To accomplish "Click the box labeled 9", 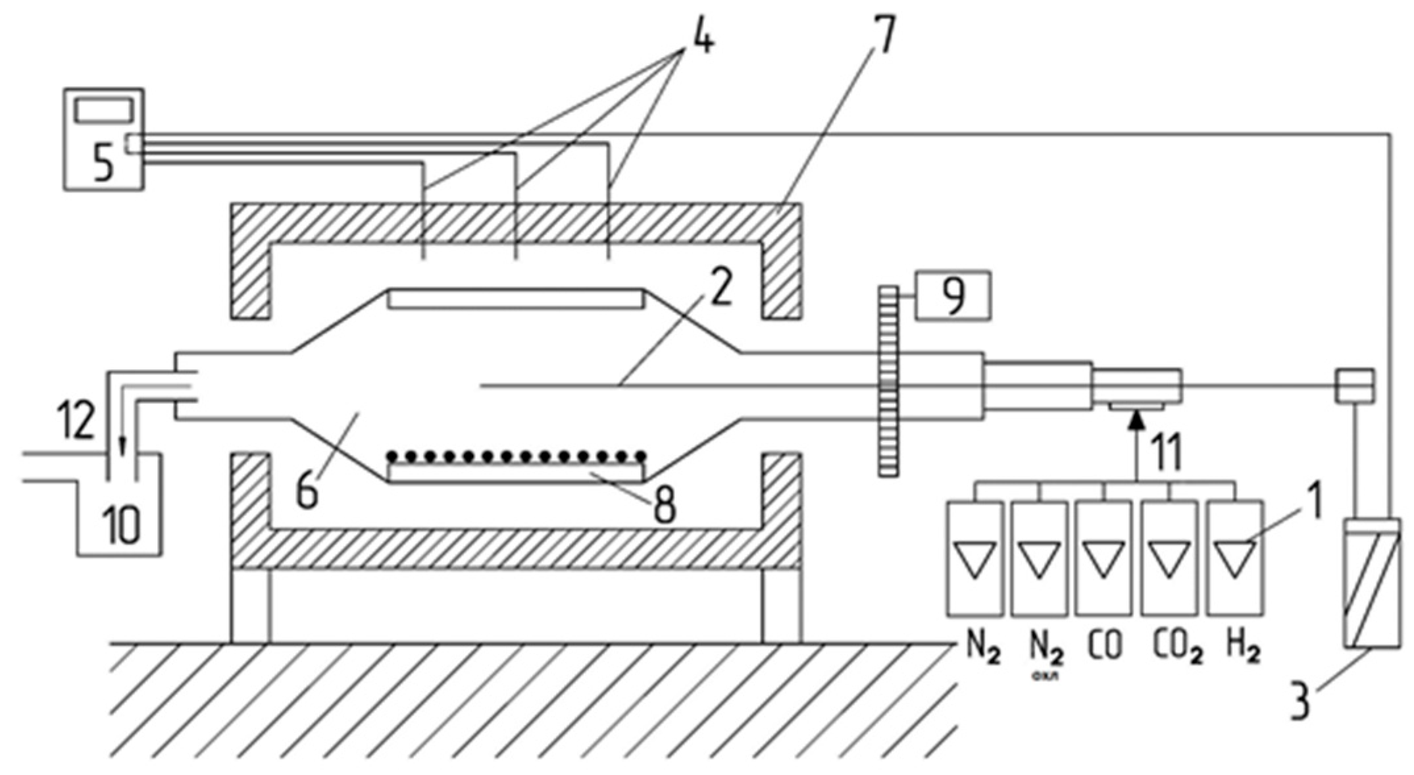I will pos(954,296).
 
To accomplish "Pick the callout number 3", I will pos(1300,701).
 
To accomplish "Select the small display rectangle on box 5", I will pos(104,110).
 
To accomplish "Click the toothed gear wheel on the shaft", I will pos(888,381).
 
